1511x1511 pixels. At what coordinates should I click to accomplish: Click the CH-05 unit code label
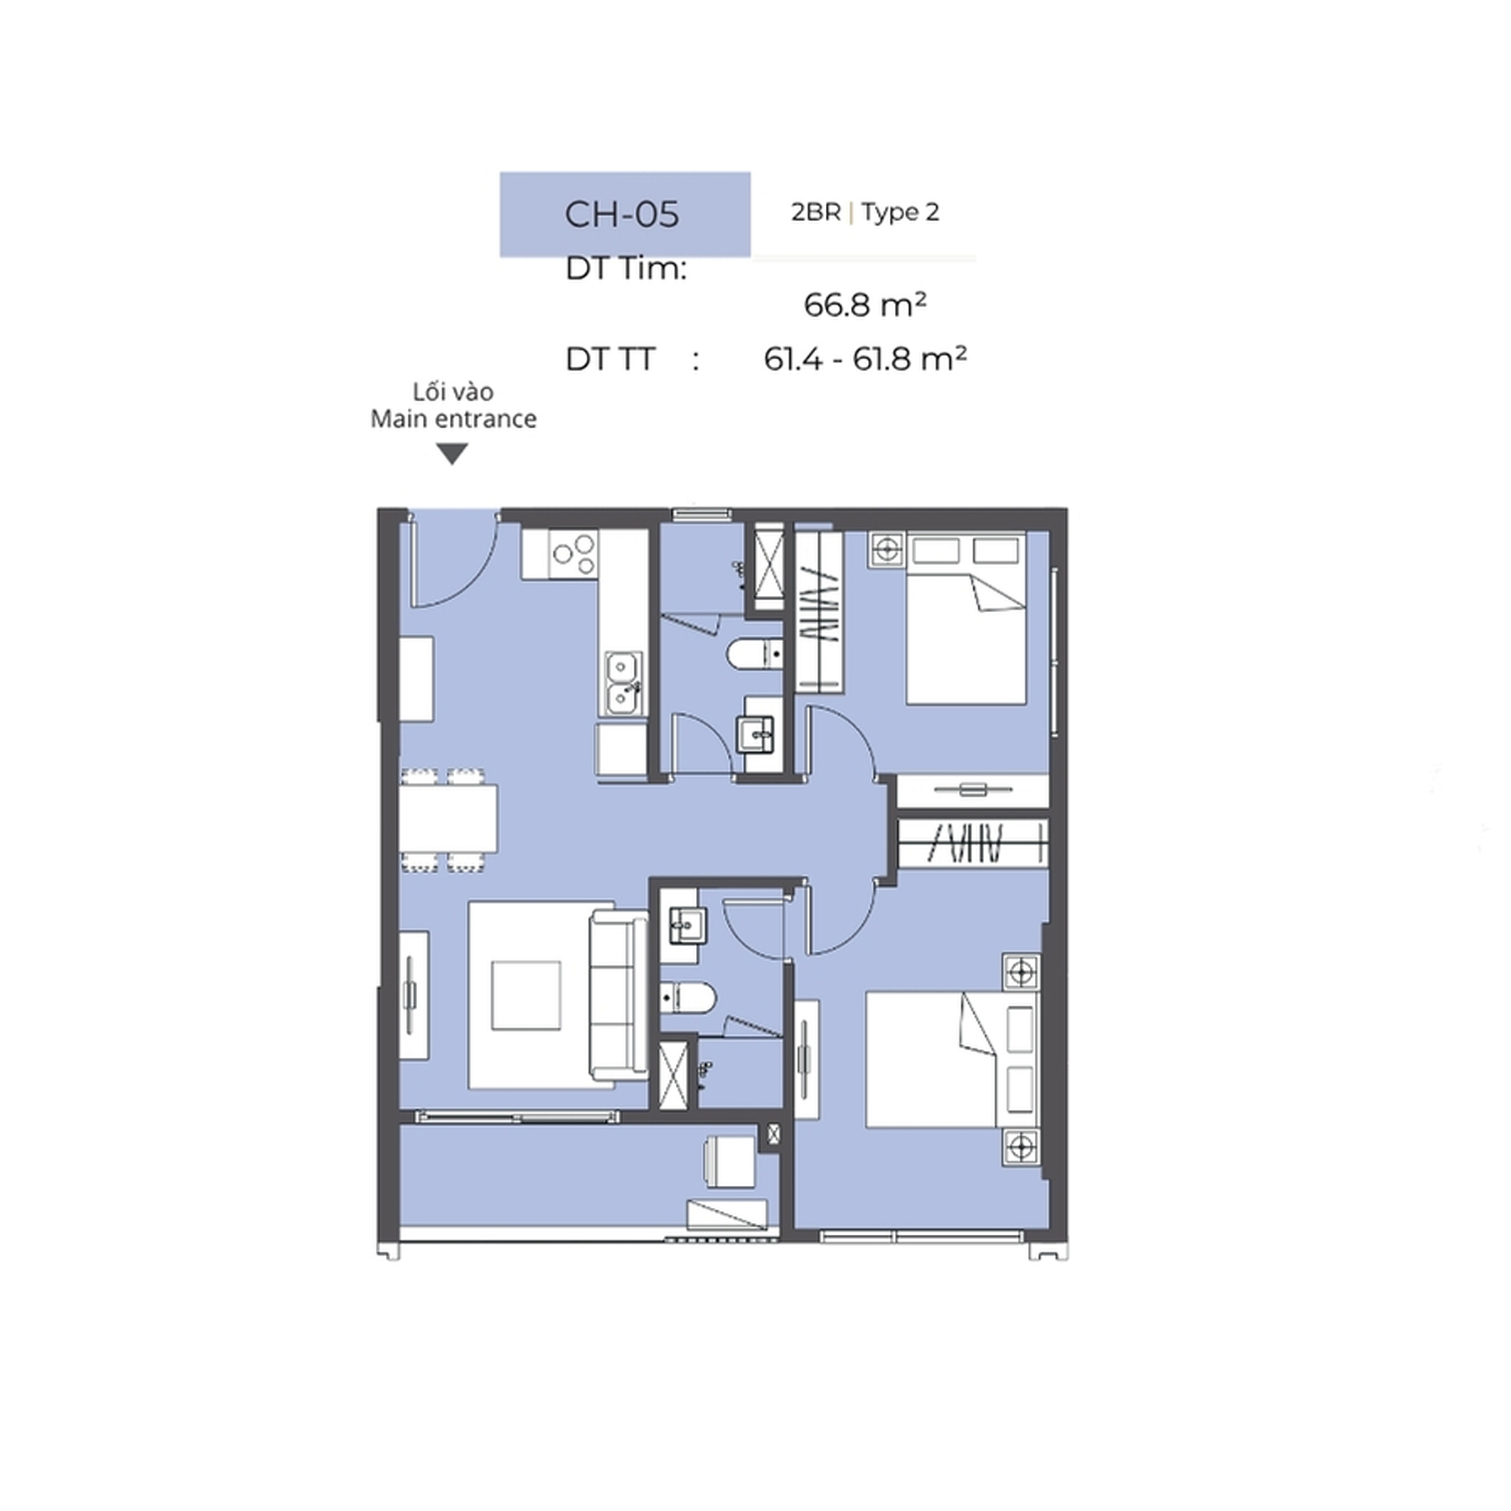coord(621,214)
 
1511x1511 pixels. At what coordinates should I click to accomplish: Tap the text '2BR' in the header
coord(815,212)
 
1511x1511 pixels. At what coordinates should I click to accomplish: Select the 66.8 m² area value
coord(865,304)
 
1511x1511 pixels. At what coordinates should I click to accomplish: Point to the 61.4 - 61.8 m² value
coord(865,358)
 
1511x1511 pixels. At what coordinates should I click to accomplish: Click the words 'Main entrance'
coord(453,419)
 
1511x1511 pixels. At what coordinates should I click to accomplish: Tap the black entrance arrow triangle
coord(452,454)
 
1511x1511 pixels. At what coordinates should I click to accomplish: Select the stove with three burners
coord(573,554)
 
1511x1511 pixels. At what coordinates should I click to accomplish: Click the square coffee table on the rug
coord(526,996)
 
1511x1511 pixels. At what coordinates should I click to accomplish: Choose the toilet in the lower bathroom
coord(688,997)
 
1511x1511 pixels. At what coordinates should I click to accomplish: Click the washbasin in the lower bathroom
coord(688,926)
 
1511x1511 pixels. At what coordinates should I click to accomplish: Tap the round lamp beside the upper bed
coord(886,550)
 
